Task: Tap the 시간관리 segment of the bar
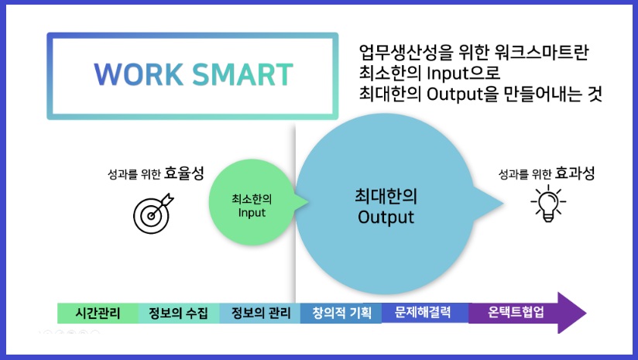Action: (98, 314)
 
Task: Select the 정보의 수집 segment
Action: (178, 314)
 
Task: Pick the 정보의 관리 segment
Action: (260, 314)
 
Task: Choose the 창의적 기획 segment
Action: (341, 314)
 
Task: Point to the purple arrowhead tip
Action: (585, 313)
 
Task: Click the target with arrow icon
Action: (153, 214)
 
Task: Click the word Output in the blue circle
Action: (386, 217)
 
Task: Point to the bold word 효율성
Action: (184, 173)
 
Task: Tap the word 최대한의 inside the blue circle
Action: (385, 196)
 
